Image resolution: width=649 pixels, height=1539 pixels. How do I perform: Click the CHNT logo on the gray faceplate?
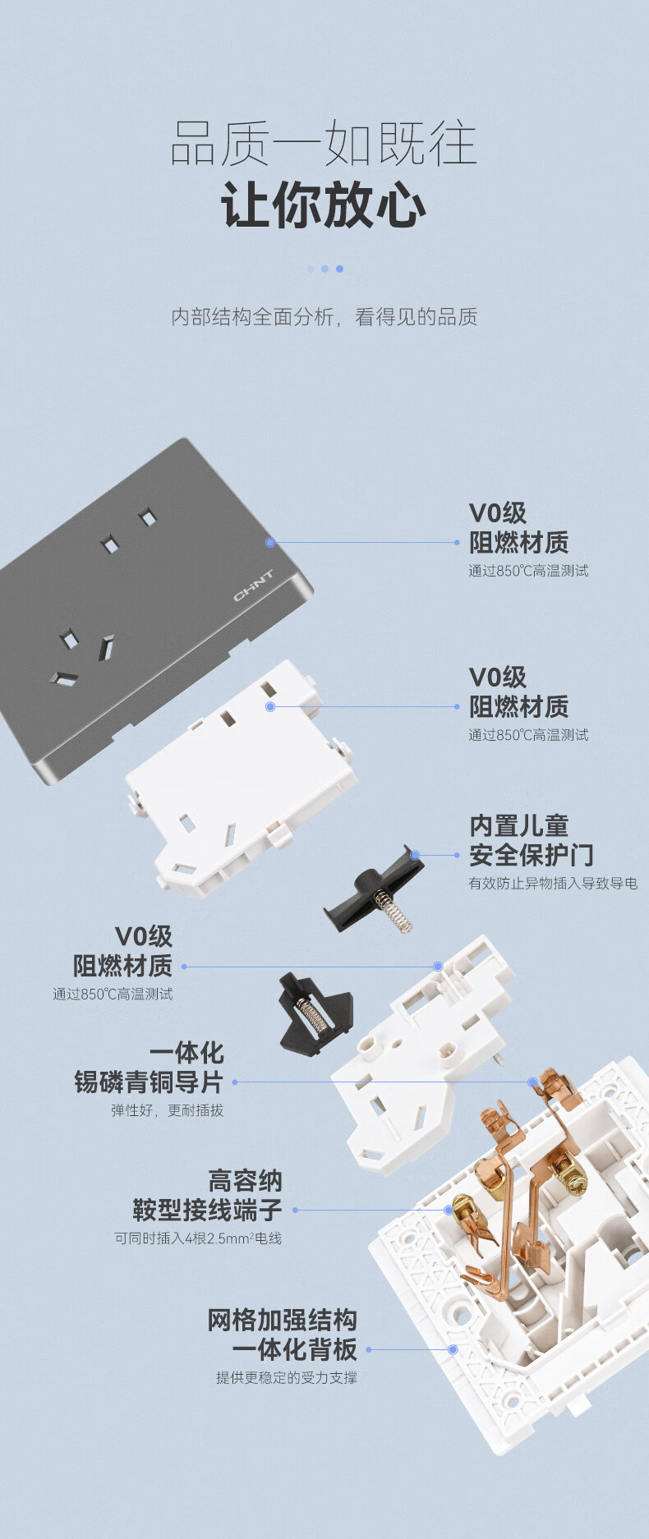tap(254, 585)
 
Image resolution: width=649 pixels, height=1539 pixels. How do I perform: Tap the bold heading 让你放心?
tap(324, 204)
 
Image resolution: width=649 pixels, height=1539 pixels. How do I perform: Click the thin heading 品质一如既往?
tap(324, 143)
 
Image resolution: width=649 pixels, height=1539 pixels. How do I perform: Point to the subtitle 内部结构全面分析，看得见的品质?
tap(324, 317)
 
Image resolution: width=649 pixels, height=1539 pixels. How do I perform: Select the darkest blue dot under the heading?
tap(339, 269)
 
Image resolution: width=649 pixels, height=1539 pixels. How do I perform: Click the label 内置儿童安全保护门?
tap(531, 840)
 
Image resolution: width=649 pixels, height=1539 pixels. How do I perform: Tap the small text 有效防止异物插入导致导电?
tap(553, 884)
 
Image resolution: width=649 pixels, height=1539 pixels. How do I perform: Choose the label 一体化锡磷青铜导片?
tap(149, 1068)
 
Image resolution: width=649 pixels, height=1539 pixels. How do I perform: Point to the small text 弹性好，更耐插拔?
tap(168, 1110)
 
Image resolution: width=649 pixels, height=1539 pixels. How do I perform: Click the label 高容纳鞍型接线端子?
tap(207, 1196)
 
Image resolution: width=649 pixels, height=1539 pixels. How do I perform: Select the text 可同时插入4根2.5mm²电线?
tap(198, 1238)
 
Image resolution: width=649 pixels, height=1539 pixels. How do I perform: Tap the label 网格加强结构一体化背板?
tap(282, 1335)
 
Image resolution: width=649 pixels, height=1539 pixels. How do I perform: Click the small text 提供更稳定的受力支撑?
tap(287, 1377)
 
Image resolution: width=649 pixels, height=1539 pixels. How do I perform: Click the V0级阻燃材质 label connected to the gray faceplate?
tap(518, 528)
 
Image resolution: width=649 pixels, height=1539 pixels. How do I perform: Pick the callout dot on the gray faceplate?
tap(270, 543)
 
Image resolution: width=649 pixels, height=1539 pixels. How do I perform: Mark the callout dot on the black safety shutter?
tap(416, 855)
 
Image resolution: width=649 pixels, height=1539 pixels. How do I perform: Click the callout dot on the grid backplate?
tap(453, 1349)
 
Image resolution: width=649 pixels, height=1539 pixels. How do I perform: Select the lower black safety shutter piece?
tap(315, 1014)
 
